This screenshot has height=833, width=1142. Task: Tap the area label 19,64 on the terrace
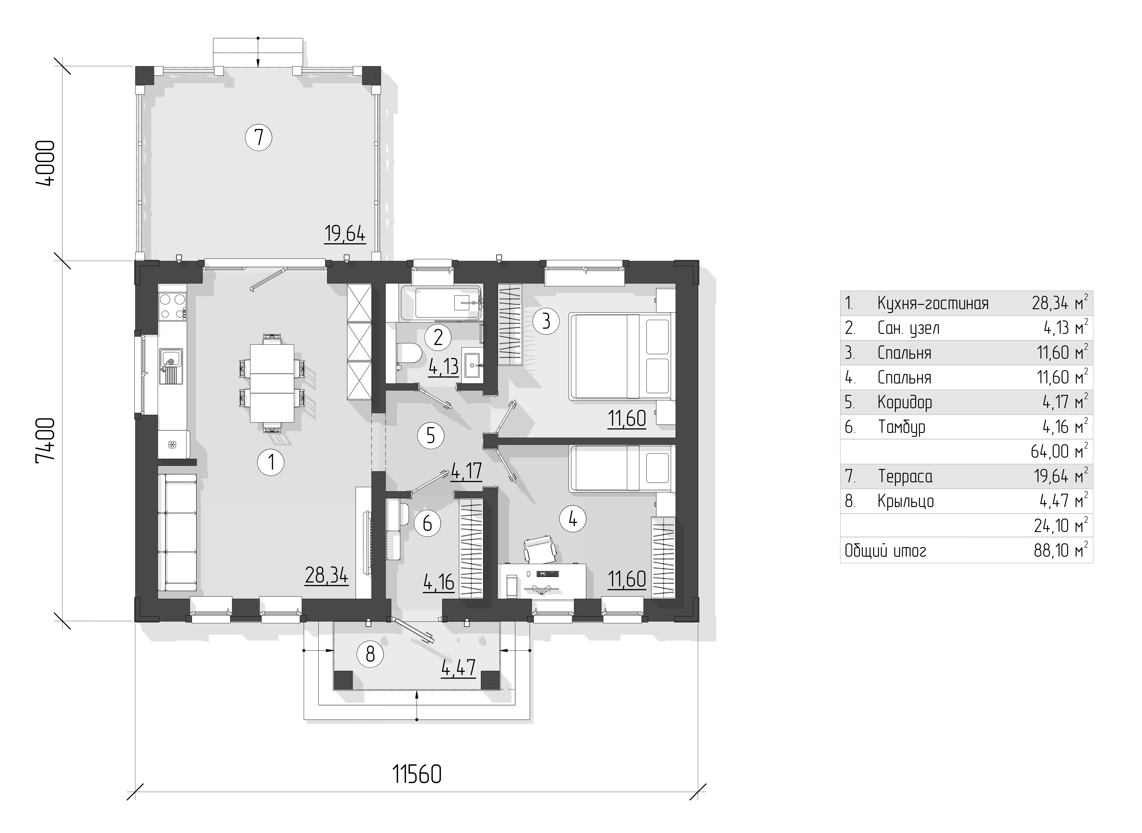(x=345, y=234)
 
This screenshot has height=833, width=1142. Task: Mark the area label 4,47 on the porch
(x=458, y=668)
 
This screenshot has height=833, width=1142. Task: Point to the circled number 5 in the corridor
(x=431, y=435)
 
